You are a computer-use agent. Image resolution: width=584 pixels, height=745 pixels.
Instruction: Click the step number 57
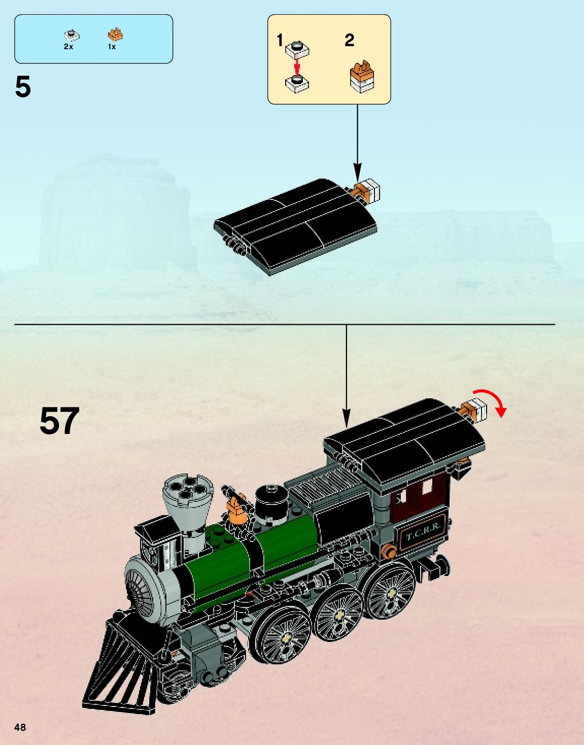(x=59, y=421)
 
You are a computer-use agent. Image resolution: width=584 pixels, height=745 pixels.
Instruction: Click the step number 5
(x=23, y=87)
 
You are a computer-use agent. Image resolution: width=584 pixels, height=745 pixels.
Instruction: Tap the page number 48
(x=20, y=727)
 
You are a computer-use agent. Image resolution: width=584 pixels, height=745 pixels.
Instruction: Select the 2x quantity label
(x=68, y=47)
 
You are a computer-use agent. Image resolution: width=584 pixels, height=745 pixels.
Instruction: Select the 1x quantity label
(x=112, y=47)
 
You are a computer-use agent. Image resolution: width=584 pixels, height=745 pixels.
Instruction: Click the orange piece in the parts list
(x=115, y=35)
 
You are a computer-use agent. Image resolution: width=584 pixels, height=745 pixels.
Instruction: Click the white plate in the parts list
(x=72, y=35)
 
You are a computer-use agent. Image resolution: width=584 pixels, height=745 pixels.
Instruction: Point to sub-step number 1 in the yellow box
(x=280, y=40)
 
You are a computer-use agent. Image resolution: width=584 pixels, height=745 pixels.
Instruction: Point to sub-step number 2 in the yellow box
(x=349, y=40)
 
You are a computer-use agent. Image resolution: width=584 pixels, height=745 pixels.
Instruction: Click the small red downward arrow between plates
(x=297, y=66)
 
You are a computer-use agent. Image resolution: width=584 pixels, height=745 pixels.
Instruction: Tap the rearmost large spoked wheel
(x=392, y=592)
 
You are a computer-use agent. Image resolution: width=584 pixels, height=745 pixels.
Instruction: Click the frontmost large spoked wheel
(x=280, y=634)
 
